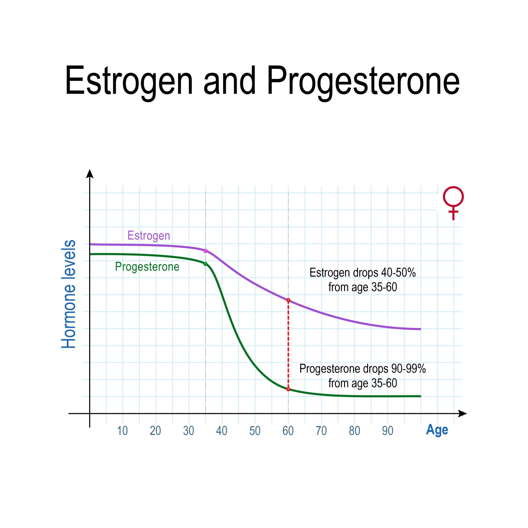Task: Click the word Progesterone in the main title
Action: [363, 82]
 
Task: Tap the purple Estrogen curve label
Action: [149, 236]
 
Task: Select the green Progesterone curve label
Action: [147, 267]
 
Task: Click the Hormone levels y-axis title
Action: [68, 294]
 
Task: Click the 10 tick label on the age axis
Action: [122, 431]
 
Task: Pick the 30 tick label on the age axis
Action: [188, 431]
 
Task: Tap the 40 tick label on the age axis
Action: [222, 431]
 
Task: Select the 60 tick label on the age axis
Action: [288, 431]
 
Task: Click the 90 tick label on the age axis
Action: [387, 431]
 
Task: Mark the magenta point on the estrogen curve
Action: [205, 251]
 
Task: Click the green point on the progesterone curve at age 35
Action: [205, 264]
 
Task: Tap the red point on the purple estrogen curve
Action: [288, 300]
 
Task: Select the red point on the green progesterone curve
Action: [288, 389]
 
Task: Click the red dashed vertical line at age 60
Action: [288, 345]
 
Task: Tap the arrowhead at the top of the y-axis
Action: [90, 174]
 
